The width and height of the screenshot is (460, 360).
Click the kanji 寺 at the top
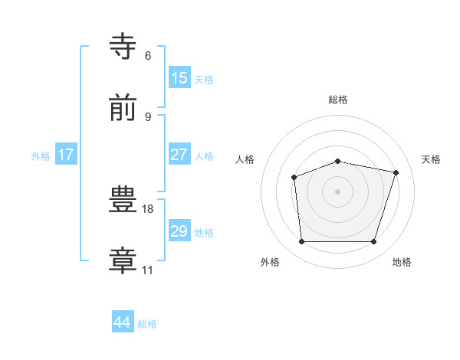tap(124, 46)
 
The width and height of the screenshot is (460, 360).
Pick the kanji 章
tap(124, 260)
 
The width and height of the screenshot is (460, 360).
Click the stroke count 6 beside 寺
tap(148, 56)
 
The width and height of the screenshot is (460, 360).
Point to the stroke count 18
tap(148, 208)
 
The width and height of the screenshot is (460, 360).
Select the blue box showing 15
tap(179, 78)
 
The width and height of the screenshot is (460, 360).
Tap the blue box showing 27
tap(179, 155)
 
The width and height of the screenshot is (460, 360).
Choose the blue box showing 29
tap(179, 231)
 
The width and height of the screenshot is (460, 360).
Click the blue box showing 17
tap(66, 155)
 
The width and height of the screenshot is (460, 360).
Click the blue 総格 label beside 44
tap(147, 324)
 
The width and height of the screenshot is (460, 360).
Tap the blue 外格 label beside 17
tap(41, 156)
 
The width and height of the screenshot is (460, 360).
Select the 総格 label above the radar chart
tap(338, 100)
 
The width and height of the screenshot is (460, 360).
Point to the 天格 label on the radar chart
tap(431, 159)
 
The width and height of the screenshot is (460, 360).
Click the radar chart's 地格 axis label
tap(402, 262)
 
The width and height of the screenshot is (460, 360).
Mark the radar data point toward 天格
tap(396, 172)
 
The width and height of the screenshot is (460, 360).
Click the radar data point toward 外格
tap(301, 242)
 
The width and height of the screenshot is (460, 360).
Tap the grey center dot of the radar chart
tap(337, 191)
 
